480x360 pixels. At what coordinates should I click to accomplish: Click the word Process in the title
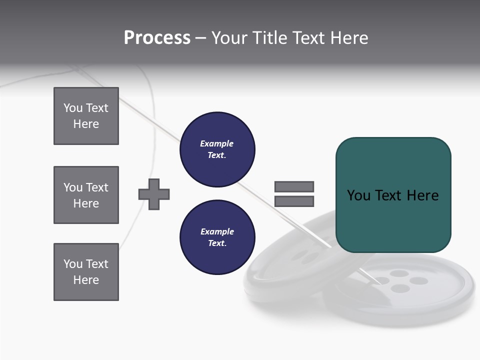(157, 38)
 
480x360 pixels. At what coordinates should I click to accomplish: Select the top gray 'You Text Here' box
(86, 116)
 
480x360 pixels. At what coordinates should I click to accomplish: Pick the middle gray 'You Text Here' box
(86, 195)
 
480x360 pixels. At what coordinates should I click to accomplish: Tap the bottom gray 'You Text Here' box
(86, 272)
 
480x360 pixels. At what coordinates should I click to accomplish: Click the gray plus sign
(154, 194)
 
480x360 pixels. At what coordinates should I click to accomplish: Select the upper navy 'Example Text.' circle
(217, 149)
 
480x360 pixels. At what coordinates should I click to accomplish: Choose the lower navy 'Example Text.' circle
(217, 237)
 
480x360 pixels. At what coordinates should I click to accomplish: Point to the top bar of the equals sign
(294, 186)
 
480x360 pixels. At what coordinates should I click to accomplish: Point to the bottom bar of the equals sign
(294, 201)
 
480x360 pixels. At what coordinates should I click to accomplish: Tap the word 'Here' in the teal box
(422, 195)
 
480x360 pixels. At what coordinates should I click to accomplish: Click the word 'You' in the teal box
(358, 195)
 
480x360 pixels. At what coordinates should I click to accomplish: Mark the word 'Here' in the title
(350, 38)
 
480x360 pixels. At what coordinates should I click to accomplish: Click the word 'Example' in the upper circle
(217, 143)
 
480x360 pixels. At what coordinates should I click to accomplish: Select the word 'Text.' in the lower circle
(217, 243)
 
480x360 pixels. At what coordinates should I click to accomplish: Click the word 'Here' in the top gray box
(86, 124)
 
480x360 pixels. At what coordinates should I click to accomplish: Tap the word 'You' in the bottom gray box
(72, 264)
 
